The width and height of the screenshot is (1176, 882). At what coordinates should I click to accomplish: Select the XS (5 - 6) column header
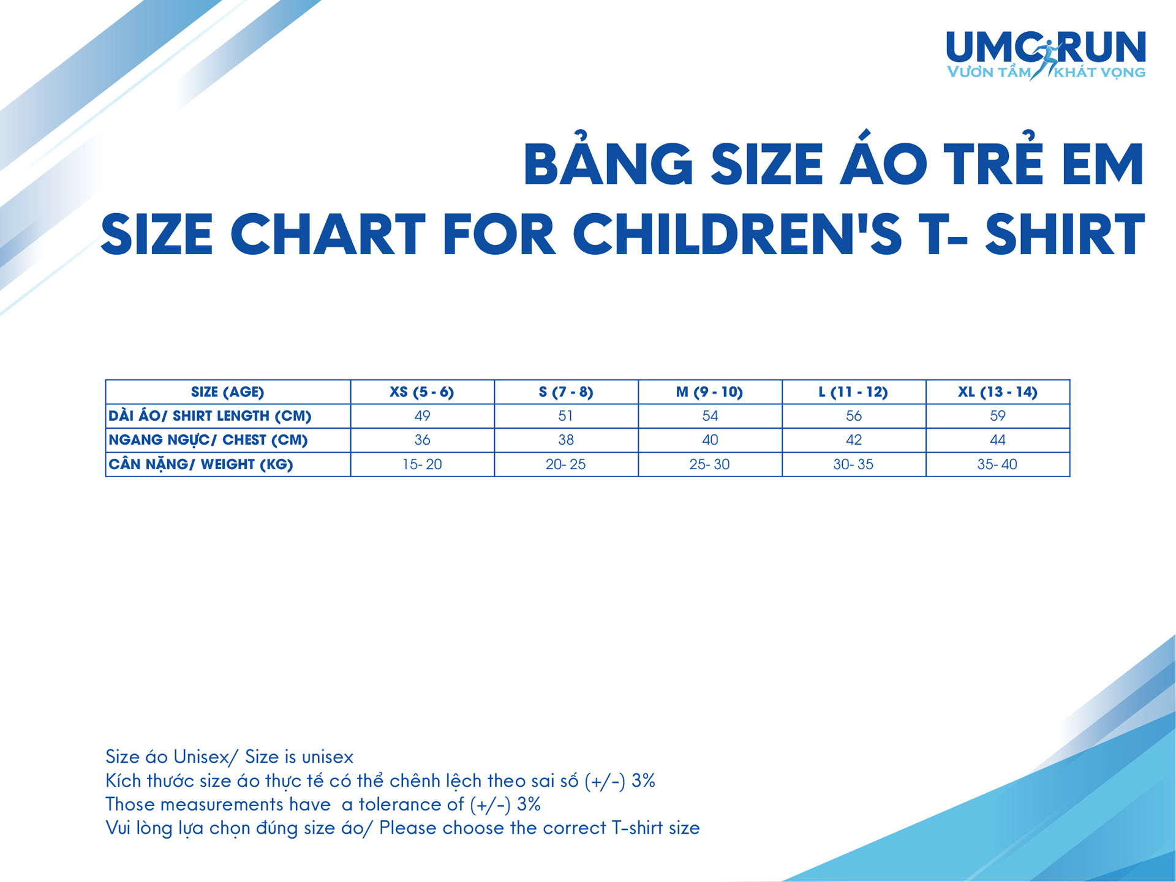(422, 392)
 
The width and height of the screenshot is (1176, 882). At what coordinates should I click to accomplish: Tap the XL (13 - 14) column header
(998, 392)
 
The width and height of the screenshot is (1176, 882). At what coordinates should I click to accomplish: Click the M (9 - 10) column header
(709, 392)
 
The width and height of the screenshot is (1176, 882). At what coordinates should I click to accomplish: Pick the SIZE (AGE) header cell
(227, 392)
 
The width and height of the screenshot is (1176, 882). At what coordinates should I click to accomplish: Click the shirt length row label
(210, 415)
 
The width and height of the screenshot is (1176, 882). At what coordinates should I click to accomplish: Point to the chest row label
(208, 440)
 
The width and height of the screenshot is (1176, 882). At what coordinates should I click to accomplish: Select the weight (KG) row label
(201, 464)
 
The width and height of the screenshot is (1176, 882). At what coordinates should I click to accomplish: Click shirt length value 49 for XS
(422, 416)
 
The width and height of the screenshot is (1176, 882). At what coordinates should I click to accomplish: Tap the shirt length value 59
(998, 416)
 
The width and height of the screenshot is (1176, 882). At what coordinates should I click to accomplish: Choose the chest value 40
(710, 440)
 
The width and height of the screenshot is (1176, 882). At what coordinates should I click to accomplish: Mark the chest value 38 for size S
(566, 440)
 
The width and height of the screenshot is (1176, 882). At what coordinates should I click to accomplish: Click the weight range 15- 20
(422, 464)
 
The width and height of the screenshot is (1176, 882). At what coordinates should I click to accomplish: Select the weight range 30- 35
(853, 464)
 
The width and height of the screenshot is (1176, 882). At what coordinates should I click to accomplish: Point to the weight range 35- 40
(997, 464)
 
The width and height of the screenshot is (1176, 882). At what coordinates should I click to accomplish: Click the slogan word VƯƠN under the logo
(970, 72)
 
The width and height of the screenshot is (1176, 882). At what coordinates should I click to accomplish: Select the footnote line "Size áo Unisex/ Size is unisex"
(230, 757)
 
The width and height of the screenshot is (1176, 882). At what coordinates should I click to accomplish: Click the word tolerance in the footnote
(411, 804)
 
